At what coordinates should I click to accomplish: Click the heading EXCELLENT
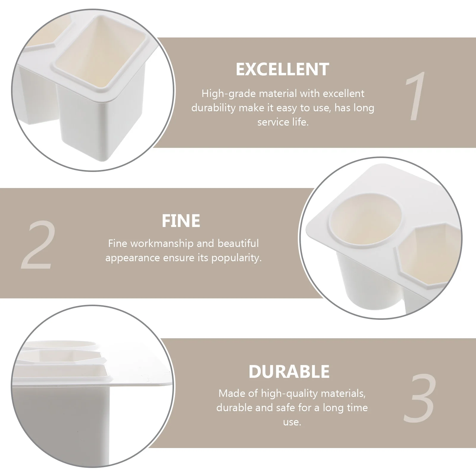(282, 69)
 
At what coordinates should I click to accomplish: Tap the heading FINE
(181, 220)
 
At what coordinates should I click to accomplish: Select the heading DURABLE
(289, 371)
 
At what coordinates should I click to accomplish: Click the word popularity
(237, 258)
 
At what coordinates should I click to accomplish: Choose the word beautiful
(238, 243)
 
